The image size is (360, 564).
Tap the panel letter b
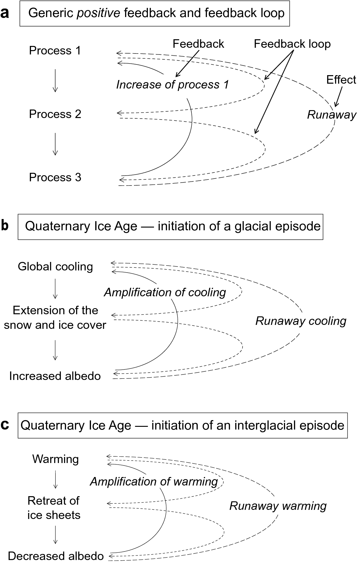click(x=5, y=226)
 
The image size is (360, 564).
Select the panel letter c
click(x=5, y=425)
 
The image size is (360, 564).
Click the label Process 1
click(x=55, y=50)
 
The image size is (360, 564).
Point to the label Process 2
click(x=55, y=114)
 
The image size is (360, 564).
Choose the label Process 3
click(x=55, y=177)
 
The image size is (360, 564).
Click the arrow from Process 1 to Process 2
click(x=55, y=80)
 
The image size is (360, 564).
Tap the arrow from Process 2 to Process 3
click(x=55, y=144)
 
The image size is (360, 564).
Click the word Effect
click(x=341, y=80)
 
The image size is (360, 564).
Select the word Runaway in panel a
click(x=331, y=115)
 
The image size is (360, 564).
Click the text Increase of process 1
click(x=172, y=85)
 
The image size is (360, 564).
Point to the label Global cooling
click(x=55, y=266)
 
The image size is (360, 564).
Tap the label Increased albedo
click(x=55, y=376)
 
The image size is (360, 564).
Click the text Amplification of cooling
click(x=165, y=292)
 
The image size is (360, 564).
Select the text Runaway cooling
click(x=301, y=321)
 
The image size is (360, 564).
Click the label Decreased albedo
click(x=56, y=556)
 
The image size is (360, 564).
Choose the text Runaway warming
click(x=278, y=506)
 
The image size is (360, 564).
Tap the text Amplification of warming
click(x=154, y=482)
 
